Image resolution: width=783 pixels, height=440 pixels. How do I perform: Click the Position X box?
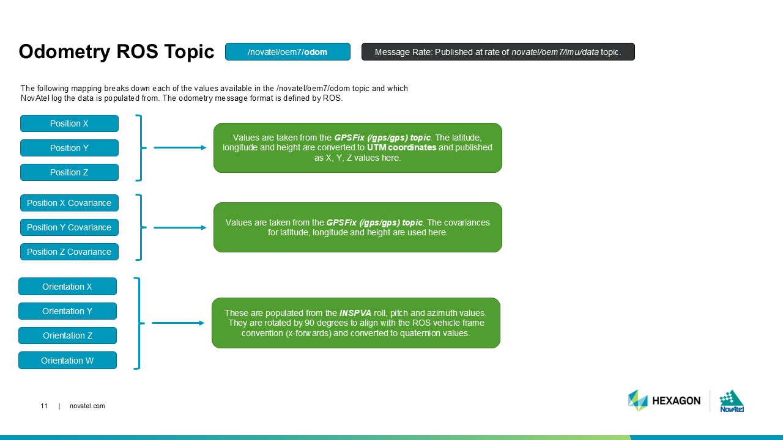[69, 123]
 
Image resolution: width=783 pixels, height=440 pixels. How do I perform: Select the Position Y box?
[69, 148]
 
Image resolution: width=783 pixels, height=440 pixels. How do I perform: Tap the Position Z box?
[69, 172]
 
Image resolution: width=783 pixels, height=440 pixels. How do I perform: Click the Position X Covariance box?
[69, 203]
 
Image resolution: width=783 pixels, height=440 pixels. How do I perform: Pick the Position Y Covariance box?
[69, 227]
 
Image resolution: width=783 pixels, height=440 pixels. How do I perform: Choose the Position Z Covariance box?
[69, 252]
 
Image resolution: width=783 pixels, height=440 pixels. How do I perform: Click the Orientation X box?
[67, 287]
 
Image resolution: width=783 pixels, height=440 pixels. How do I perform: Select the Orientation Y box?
[67, 311]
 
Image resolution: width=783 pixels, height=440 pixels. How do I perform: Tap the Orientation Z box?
[67, 335]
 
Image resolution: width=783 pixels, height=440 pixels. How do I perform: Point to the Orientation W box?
[67, 361]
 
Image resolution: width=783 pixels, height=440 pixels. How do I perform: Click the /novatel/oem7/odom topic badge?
[288, 52]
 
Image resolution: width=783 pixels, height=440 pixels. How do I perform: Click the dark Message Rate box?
[498, 52]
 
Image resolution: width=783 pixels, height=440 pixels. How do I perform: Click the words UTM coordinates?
[401, 147]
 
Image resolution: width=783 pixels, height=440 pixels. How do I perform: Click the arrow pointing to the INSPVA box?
[178, 323]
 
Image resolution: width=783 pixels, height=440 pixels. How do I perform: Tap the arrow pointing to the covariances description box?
[180, 227]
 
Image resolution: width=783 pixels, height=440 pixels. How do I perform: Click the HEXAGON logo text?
[675, 401]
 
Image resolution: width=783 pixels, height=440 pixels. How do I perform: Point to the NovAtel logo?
[732, 401]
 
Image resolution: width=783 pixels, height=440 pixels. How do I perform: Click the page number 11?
[44, 406]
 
